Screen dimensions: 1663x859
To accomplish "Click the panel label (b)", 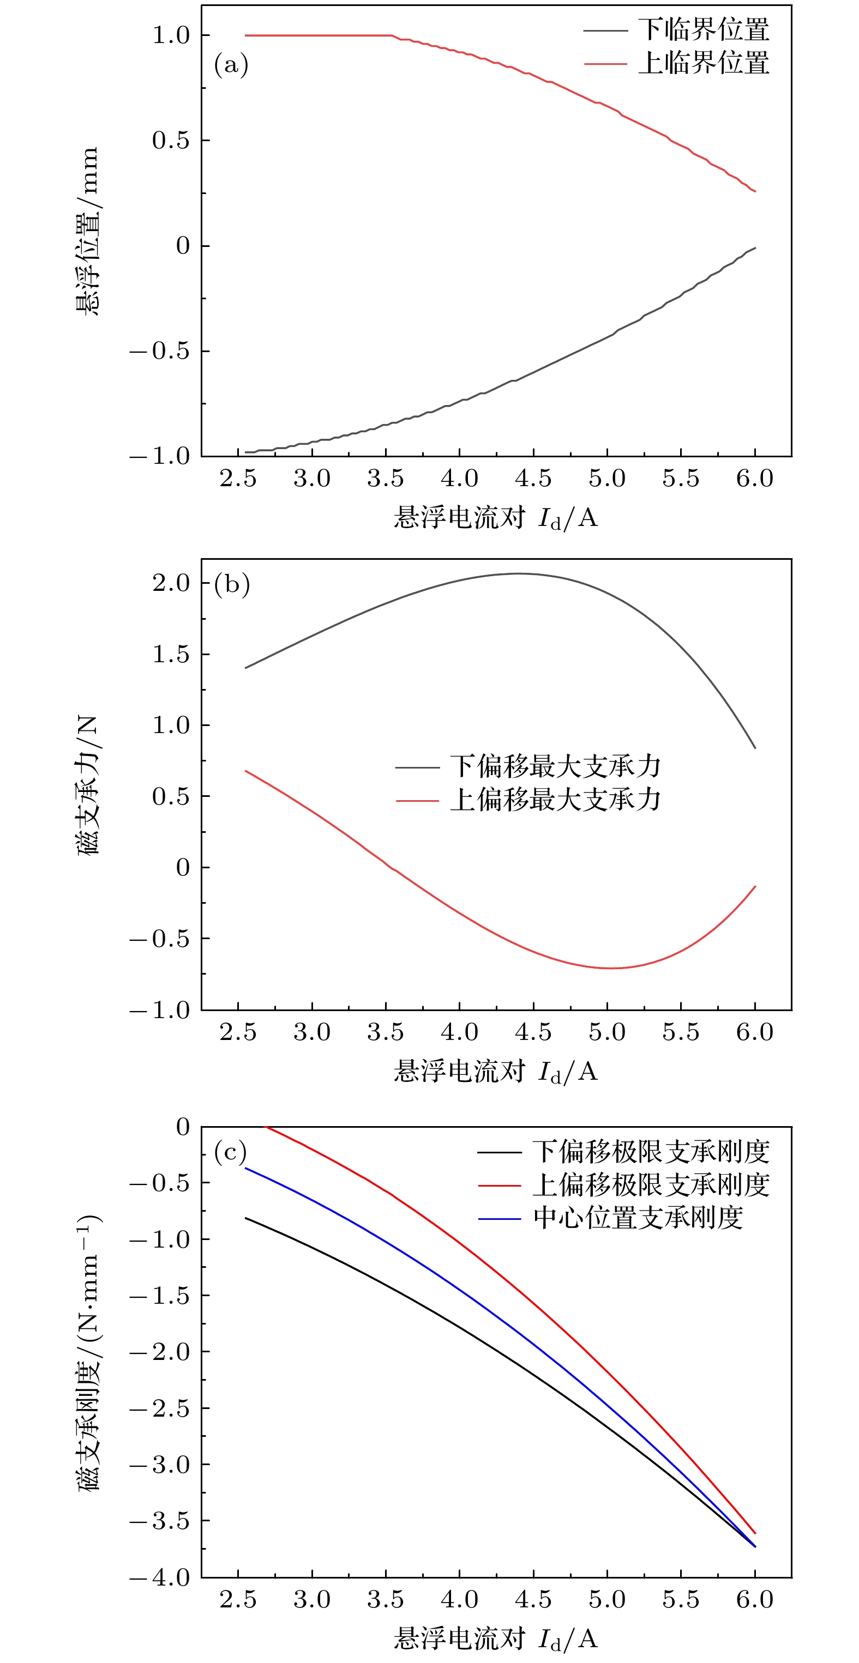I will tap(231, 584).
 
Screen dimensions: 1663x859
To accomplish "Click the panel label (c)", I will tap(231, 1151).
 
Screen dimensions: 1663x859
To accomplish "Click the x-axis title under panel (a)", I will tap(495, 518).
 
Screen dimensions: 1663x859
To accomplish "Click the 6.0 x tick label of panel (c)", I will tap(754, 1600).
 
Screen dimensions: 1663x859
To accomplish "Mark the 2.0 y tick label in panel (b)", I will tap(171, 583).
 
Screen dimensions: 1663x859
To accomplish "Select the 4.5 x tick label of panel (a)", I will tap(533, 479).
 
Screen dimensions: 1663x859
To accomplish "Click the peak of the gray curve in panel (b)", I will tap(516, 573).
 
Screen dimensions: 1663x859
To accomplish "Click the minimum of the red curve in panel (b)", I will tap(609, 967).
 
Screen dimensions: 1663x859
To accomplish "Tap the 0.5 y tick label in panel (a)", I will tap(171, 140).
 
